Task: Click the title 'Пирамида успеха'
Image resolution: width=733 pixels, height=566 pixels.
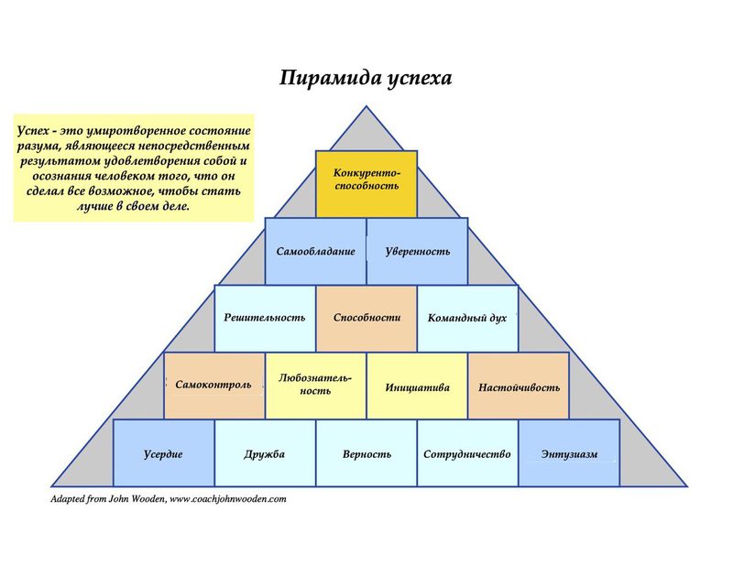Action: tap(366, 78)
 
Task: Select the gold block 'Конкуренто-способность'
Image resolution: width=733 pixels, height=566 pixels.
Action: tap(366, 184)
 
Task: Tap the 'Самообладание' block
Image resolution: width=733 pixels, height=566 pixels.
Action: tap(315, 251)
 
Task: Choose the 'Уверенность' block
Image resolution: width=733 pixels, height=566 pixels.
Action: tap(418, 251)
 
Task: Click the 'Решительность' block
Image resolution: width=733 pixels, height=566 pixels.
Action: tap(265, 319)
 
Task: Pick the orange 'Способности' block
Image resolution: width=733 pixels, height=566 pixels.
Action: tap(366, 319)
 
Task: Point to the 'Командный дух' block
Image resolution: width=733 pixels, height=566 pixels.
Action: tap(467, 319)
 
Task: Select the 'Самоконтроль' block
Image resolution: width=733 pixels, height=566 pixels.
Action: tap(214, 386)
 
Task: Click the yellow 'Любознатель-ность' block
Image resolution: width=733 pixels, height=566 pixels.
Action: tap(315, 386)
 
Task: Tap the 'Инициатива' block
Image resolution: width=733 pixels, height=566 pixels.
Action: tap(417, 386)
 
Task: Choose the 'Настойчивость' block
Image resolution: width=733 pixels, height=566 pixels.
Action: tap(519, 386)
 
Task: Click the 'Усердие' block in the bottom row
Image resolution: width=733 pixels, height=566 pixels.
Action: tap(164, 453)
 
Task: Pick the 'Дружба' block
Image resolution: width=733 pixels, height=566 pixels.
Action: tap(265, 453)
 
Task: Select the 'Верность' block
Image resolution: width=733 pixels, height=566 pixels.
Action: tap(366, 453)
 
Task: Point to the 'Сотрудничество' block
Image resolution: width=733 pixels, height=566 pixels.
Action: tap(467, 453)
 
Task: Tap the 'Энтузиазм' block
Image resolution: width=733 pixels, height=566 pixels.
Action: tap(569, 453)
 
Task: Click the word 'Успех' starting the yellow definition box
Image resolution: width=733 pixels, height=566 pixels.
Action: tap(33, 131)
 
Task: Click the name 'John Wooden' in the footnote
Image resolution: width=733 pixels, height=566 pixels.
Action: tap(137, 499)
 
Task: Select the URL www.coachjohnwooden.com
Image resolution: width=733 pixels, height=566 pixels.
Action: tap(227, 499)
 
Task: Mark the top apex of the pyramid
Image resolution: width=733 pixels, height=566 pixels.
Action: tap(366, 106)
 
